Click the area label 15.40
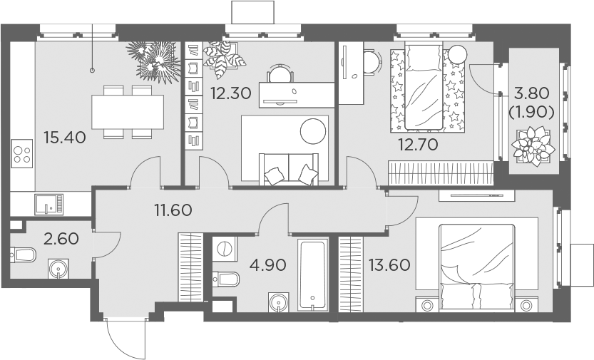point(64,137)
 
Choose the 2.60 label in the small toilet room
point(61,238)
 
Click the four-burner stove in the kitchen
point(23,155)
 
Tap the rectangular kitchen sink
point(48,204)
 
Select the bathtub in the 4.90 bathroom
point(313,276)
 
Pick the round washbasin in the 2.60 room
point(58,269)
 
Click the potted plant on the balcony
point(533,144)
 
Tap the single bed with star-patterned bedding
point(426,88)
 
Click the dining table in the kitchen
point(128,112)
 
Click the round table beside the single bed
point(457,53)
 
